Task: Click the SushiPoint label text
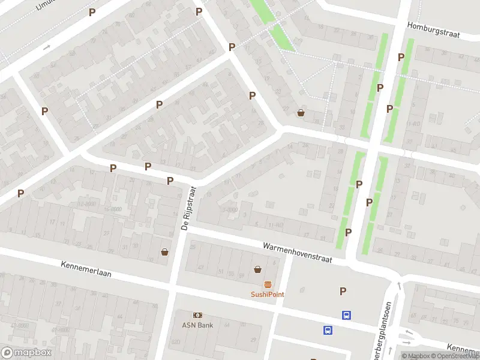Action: point(268,294)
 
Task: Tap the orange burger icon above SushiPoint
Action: point(268,284)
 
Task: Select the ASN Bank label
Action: point(197,325)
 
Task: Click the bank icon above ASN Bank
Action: point(197,315)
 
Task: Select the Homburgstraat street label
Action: point(433,31)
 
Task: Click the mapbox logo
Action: point(26,353)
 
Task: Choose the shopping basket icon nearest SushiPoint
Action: point(257,269)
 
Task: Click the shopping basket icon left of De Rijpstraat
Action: point(164,252)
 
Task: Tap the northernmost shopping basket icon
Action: point(301,112)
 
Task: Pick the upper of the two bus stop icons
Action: point(346,315)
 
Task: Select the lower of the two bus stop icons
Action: point(328,330)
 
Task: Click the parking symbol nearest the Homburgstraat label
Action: point(401,57)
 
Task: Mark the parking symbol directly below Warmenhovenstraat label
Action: point(343,291)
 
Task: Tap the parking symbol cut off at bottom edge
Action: point(313,358)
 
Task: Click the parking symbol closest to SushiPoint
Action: point(343,291)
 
